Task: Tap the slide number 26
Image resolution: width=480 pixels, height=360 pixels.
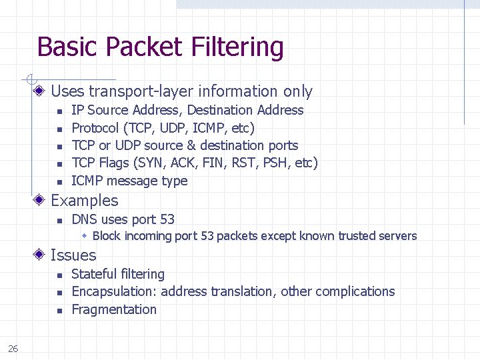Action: tap(13, 347)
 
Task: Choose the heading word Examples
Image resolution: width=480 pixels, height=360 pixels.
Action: tap(85, 201)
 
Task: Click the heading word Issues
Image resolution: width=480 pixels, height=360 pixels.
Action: tap(73, 255)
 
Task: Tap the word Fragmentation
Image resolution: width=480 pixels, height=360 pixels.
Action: tap(114, 309)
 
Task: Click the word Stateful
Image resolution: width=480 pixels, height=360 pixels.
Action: tap(92, 274)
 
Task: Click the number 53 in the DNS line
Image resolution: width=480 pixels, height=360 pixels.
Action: tap(167, 219)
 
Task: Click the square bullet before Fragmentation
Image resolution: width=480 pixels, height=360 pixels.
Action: tap(59, 311)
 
